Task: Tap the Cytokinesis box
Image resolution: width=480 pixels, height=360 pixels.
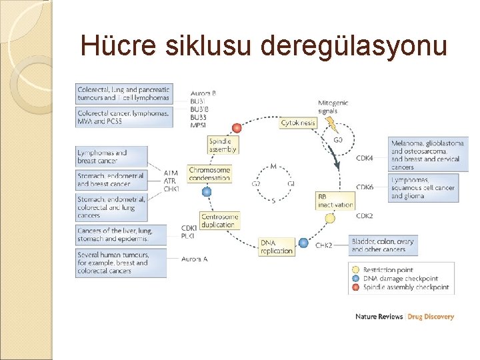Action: click(x=298, y=123)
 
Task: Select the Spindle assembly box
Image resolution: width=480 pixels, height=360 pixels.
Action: click(x=223, y=145)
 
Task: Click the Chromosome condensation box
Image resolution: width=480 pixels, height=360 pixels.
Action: click(x=209, y=173)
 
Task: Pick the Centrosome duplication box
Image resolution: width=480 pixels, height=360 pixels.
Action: click(x=219, y=221)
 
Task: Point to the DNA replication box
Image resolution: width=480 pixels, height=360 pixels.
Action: click(x=277, y=246)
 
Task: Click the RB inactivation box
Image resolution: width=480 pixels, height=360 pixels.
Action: click(x=335, y=201)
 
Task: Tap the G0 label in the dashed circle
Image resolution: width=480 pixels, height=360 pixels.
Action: click(x=337, y=141)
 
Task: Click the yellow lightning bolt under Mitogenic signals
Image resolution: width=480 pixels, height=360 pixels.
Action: click(x=328, y=123)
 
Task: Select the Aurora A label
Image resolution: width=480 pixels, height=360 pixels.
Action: click(x=195, y=259)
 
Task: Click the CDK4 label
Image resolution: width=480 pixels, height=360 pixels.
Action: click(x=365, y=158)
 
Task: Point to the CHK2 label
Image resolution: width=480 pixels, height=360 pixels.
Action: click(x=324, y=246)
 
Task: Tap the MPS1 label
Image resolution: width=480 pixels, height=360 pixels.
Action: click(x=199, y=125)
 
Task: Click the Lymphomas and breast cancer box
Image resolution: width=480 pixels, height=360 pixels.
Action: click(x=111, y=157)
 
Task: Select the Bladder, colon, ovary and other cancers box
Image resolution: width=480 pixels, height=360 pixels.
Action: click(x=383, y=245)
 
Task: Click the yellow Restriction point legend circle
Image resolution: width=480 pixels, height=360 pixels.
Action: click(x=355, y=270)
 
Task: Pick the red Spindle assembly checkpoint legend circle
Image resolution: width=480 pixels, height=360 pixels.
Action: click(x=355, y=287)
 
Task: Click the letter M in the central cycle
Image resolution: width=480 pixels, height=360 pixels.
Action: click(x=273, y=165)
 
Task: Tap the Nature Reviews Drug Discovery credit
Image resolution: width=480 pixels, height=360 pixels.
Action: click(x=405, y=317)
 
